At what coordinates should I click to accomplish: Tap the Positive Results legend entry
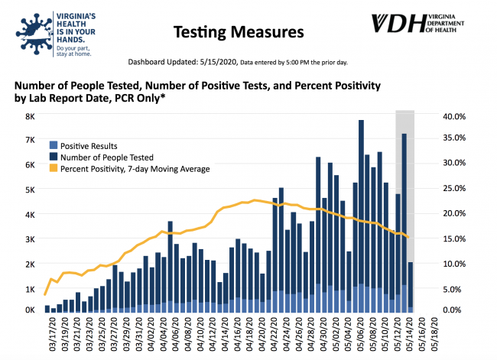(88, 145)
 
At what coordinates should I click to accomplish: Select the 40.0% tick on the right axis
(454, 116)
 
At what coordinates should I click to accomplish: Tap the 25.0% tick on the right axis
(454, 190)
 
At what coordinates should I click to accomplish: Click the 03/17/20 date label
(47, 331)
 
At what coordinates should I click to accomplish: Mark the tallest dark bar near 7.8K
(361, 214)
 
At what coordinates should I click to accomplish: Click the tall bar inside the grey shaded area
(404, 222)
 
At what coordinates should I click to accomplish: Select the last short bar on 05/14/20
(411, 287)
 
